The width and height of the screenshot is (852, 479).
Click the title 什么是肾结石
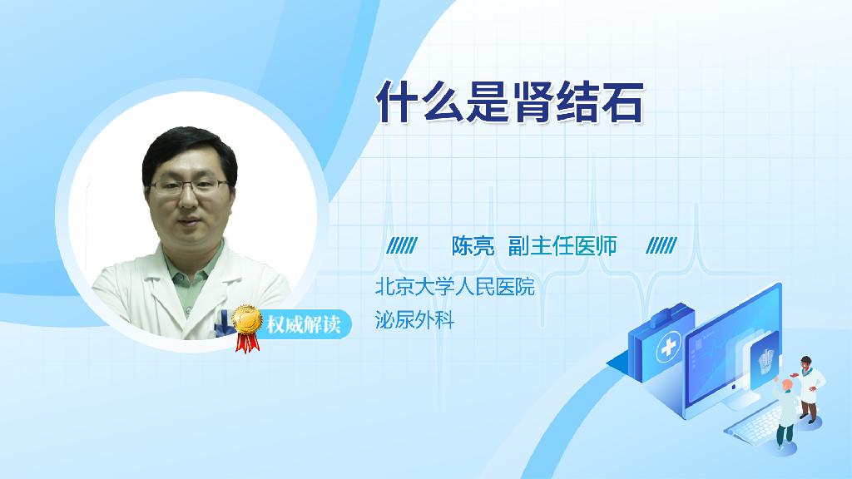point(510,101)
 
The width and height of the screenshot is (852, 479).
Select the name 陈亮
point(473,246)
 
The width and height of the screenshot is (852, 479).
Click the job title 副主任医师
point(562,246)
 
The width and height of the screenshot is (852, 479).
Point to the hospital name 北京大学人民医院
point(455,286)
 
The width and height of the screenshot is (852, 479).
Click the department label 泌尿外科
point(414,320)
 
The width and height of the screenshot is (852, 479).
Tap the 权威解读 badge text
point(303,324)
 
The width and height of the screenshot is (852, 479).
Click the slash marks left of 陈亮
point(402,245)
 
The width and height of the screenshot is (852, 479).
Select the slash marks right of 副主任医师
point(661,245)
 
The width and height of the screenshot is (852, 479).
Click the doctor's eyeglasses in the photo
point(189,187)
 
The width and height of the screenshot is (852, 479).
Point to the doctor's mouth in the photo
point(187,224)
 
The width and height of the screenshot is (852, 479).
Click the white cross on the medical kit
point(668,347)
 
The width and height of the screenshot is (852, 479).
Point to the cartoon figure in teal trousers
point(785,412)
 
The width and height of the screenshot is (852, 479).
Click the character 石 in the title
point(622,101)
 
